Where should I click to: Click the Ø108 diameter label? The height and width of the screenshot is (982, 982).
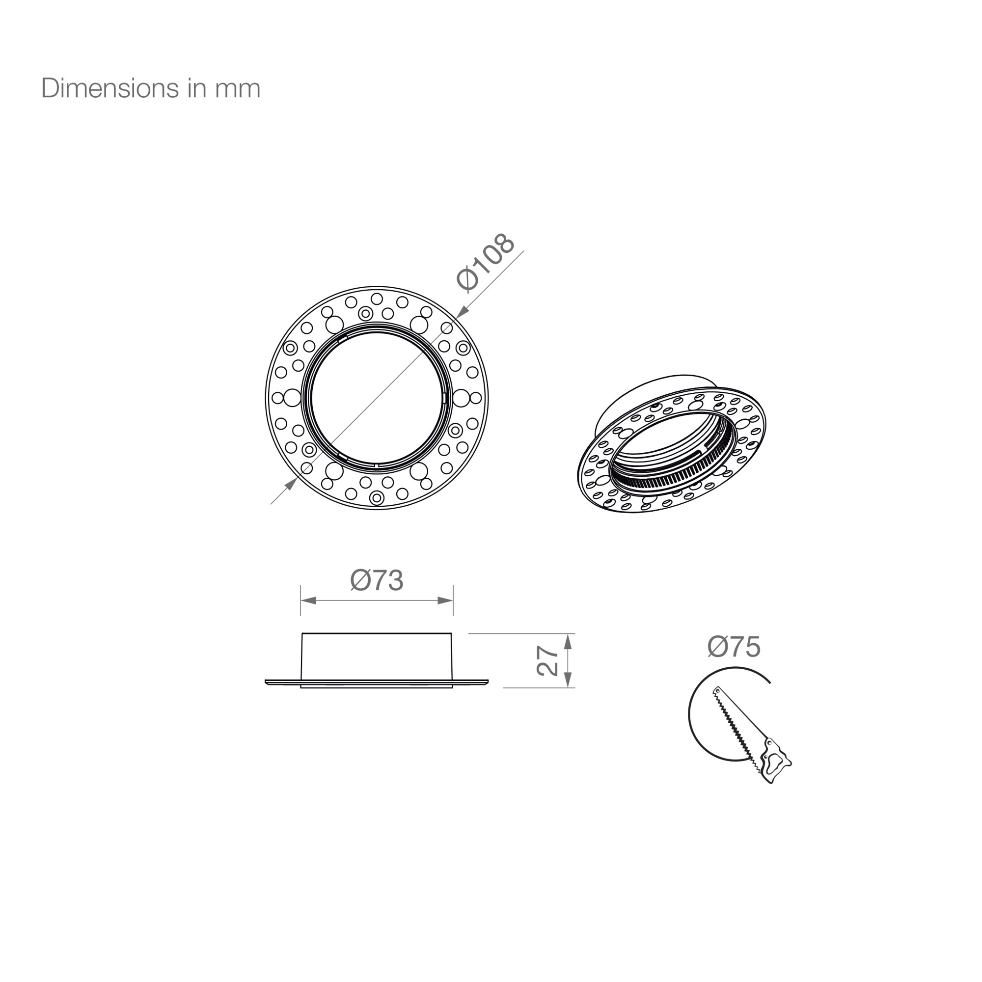(486, 262)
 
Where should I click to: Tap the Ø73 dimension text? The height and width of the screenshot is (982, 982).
(377, 580)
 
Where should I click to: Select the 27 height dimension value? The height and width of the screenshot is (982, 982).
(547, 660)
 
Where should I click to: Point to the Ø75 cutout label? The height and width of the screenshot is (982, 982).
(734, 647)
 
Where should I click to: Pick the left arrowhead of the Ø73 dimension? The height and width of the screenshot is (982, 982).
(308, 600)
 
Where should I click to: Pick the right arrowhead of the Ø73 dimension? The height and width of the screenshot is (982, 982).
(445, 600)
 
